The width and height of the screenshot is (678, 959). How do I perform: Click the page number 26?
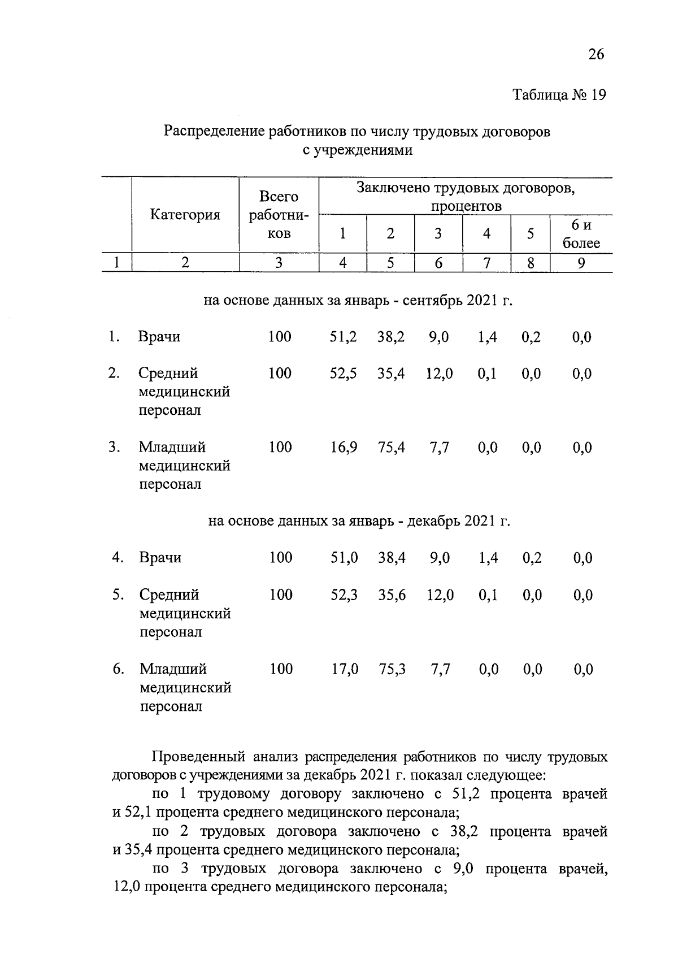596,54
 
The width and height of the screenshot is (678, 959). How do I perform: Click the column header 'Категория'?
185,215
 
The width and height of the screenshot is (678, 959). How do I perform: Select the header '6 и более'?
581,234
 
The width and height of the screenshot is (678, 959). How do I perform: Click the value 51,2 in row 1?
344,337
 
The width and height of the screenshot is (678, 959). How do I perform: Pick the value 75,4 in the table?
391,448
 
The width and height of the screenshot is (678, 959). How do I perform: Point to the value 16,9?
344,448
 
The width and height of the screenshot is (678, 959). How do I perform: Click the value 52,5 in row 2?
344,374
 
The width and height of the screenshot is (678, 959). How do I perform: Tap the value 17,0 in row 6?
345,670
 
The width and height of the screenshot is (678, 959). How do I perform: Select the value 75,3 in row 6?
392,670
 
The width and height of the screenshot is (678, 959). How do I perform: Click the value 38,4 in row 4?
392,558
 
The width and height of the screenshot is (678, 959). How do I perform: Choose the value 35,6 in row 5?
392,596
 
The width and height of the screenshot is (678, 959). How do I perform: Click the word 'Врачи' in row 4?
160,558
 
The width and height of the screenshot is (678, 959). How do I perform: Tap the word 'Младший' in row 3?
173,448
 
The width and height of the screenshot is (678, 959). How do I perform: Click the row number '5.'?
118,595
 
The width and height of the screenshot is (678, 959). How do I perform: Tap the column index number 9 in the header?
581,263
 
